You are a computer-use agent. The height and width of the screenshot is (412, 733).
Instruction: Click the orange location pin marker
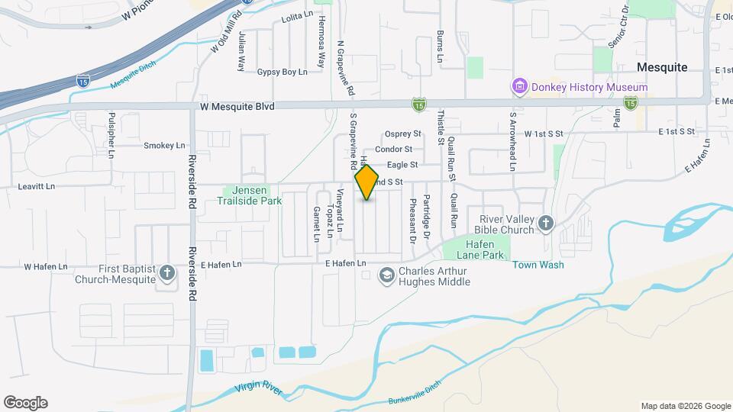(x=367, y=182)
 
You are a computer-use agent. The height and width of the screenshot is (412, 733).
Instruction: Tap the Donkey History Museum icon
(x=520, y=87)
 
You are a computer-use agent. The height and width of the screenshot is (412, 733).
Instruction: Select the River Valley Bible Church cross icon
(x=545, y=223)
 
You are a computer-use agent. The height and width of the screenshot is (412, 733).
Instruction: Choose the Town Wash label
(x=538, y=265)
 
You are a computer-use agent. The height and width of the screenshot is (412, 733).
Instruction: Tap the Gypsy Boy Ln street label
(x=282, y=72)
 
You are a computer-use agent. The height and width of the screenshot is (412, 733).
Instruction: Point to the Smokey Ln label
(x=164, y=145)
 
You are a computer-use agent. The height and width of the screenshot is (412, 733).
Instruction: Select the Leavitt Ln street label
(x=39, y=185)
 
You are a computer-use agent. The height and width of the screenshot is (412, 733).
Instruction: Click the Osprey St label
(x=403, y=134)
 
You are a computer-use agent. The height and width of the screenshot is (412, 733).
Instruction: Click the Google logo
(x=25, y=402)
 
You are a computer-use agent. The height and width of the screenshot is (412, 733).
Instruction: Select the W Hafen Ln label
(x=45, y=266)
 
